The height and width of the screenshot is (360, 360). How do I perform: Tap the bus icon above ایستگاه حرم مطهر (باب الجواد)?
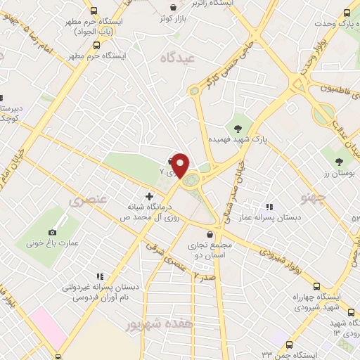tap(94, 11)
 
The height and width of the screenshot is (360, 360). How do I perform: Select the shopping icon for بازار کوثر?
tap(173, 8)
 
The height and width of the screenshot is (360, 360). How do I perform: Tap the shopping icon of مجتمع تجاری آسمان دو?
tap(209, 235)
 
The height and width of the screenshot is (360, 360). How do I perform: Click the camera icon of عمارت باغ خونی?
tap(52, 232)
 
